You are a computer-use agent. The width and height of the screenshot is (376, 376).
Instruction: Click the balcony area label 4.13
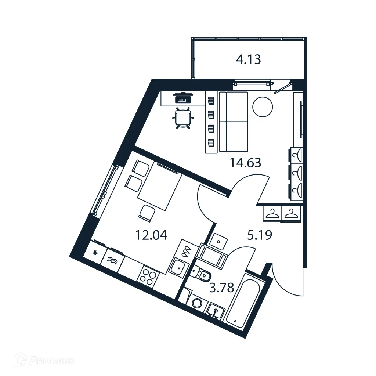pyautogui.click(x=248, y=59)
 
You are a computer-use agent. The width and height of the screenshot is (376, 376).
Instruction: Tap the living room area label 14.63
pyautogui.click(x=245, y=162)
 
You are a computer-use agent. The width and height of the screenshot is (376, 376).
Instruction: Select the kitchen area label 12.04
pyautogui.click(x=151, y=235)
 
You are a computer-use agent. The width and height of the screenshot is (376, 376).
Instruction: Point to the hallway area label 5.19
pyautogui.click(x=259, y=235)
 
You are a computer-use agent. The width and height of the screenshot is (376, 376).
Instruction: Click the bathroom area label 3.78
pyautogui.click(x=221, y=288)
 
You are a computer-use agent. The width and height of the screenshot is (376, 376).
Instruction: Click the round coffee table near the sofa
pyautogui.click(x=263, y=106)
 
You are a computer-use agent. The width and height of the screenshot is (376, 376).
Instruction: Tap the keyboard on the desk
pyautogui.click(x=183, y=98)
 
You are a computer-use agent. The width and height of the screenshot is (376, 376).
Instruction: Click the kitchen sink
pyautogui.click(x=179, y=267)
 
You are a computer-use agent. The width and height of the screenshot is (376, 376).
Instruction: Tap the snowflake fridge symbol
pyautogui.click(x=95, y=252)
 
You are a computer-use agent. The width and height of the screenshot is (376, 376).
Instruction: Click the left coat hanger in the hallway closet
pyautogui.click(x=272, y=213)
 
